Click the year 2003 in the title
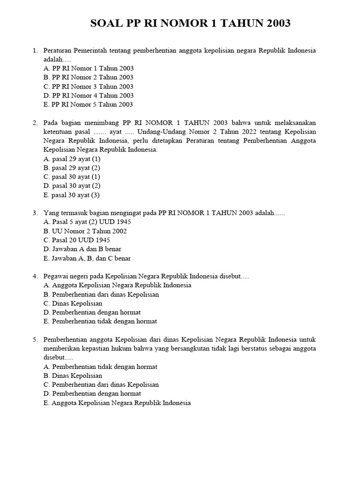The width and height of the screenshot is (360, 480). click(275, 23)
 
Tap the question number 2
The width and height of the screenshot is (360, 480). click(35, 122)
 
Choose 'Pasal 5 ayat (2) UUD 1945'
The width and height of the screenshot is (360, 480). click(87, 222)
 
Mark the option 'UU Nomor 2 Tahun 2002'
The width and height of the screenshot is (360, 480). click(85, 231)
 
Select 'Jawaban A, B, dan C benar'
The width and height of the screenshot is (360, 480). click(87, 258)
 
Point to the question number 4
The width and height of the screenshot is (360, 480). click(35, 276)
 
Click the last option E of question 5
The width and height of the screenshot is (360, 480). click(117, 403)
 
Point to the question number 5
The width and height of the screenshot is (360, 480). click(35, 339)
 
